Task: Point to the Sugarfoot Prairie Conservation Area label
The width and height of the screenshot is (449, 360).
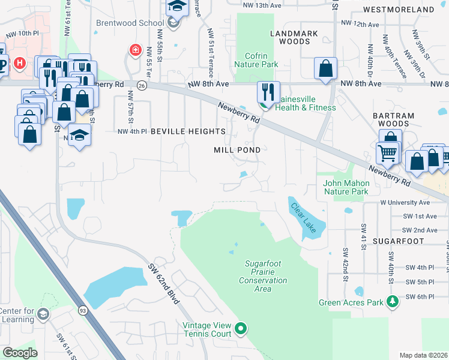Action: point(263,276)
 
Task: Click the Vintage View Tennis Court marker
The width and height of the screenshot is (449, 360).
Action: point(241,328)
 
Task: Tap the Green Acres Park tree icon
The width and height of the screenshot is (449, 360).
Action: point(393,300)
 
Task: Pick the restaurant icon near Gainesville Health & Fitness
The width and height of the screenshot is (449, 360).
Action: point(267,92)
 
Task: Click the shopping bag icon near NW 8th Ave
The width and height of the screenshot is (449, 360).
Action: point(325,68)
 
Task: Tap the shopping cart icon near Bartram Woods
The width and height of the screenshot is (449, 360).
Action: point(387,154)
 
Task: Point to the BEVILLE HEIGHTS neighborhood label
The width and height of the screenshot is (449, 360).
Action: point(188,131)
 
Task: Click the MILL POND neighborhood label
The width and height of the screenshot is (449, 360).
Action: point(237,150)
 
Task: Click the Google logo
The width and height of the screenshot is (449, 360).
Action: point(20,353)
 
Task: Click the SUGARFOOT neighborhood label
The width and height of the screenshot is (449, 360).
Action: point(398,241)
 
